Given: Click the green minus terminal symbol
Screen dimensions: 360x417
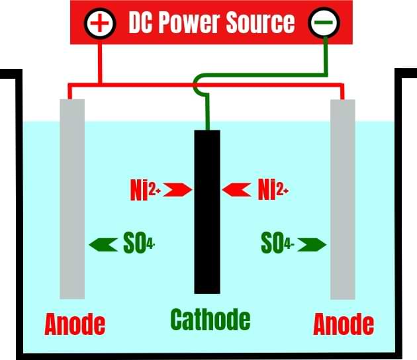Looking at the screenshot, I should coord(324,23).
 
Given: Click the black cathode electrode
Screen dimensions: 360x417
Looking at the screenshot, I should coord(207,212).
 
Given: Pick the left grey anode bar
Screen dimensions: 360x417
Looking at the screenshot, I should coord(72,199).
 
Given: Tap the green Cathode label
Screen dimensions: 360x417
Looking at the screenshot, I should coord(210,320).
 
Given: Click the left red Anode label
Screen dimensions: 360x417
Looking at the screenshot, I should coord(75,324).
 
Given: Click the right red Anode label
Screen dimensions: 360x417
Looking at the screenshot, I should coord(344,324).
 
